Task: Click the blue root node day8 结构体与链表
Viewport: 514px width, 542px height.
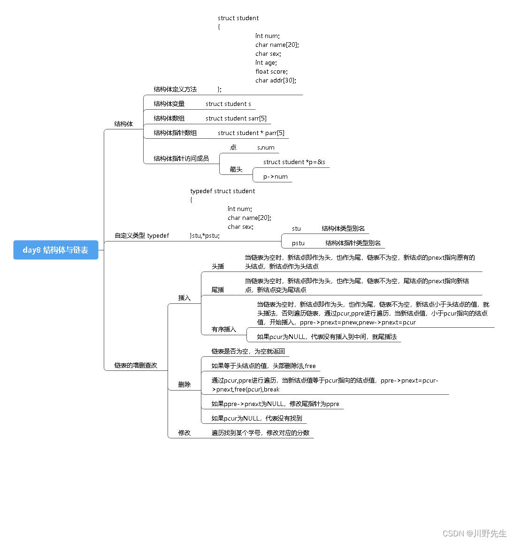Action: (55, 250)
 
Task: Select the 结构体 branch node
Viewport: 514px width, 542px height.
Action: (123, 124)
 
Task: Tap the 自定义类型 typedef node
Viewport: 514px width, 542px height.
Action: (142, 235)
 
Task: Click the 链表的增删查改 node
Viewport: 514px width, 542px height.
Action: (136, 365)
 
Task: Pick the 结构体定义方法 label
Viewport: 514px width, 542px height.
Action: (175, 89)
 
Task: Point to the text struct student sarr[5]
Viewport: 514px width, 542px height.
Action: (236, 118)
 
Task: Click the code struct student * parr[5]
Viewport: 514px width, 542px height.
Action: (251, 133)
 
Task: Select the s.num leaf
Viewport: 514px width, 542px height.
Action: (266, 147)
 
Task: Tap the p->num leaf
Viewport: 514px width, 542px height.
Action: (275, 176)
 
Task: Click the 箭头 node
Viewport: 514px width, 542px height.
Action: (236, 169)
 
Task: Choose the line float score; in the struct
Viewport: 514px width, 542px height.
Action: (271, 71)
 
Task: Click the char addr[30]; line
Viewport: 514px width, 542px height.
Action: (276, 80)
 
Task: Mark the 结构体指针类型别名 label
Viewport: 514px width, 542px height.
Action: (353, 243)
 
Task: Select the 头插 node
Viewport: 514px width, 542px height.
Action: (218, 266)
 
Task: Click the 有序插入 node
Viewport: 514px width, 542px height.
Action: (223, 329)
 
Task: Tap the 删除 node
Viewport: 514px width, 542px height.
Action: (184, 384)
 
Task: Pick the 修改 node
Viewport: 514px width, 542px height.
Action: (184, 433)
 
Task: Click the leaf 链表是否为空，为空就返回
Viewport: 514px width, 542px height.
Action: (248, 351)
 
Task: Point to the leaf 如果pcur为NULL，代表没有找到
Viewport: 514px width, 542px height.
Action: (256, 418)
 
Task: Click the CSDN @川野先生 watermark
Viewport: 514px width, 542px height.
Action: (474, 534)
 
